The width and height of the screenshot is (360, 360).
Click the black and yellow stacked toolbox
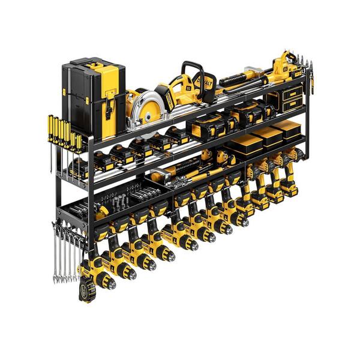coord(93,96)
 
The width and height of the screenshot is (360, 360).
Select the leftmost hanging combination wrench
coord(56,252)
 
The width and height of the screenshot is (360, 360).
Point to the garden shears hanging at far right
coord(310,75)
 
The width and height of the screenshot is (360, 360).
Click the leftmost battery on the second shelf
coord(78,168)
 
